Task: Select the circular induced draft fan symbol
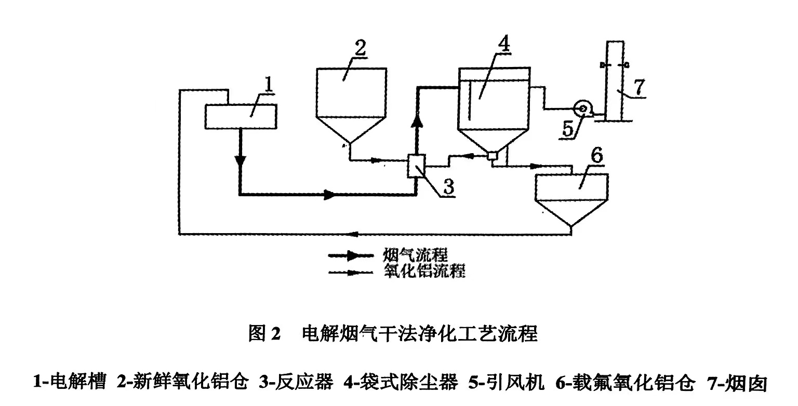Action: (581, 109)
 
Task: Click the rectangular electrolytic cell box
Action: (241, 116)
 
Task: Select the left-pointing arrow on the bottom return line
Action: (354, 233)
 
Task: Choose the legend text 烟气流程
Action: (415, 255)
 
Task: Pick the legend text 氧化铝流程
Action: (423, 270)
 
